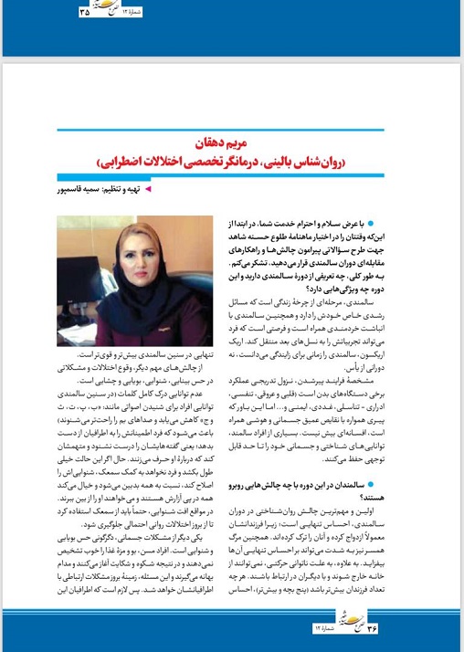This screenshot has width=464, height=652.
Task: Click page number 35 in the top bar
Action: pos(86,12)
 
